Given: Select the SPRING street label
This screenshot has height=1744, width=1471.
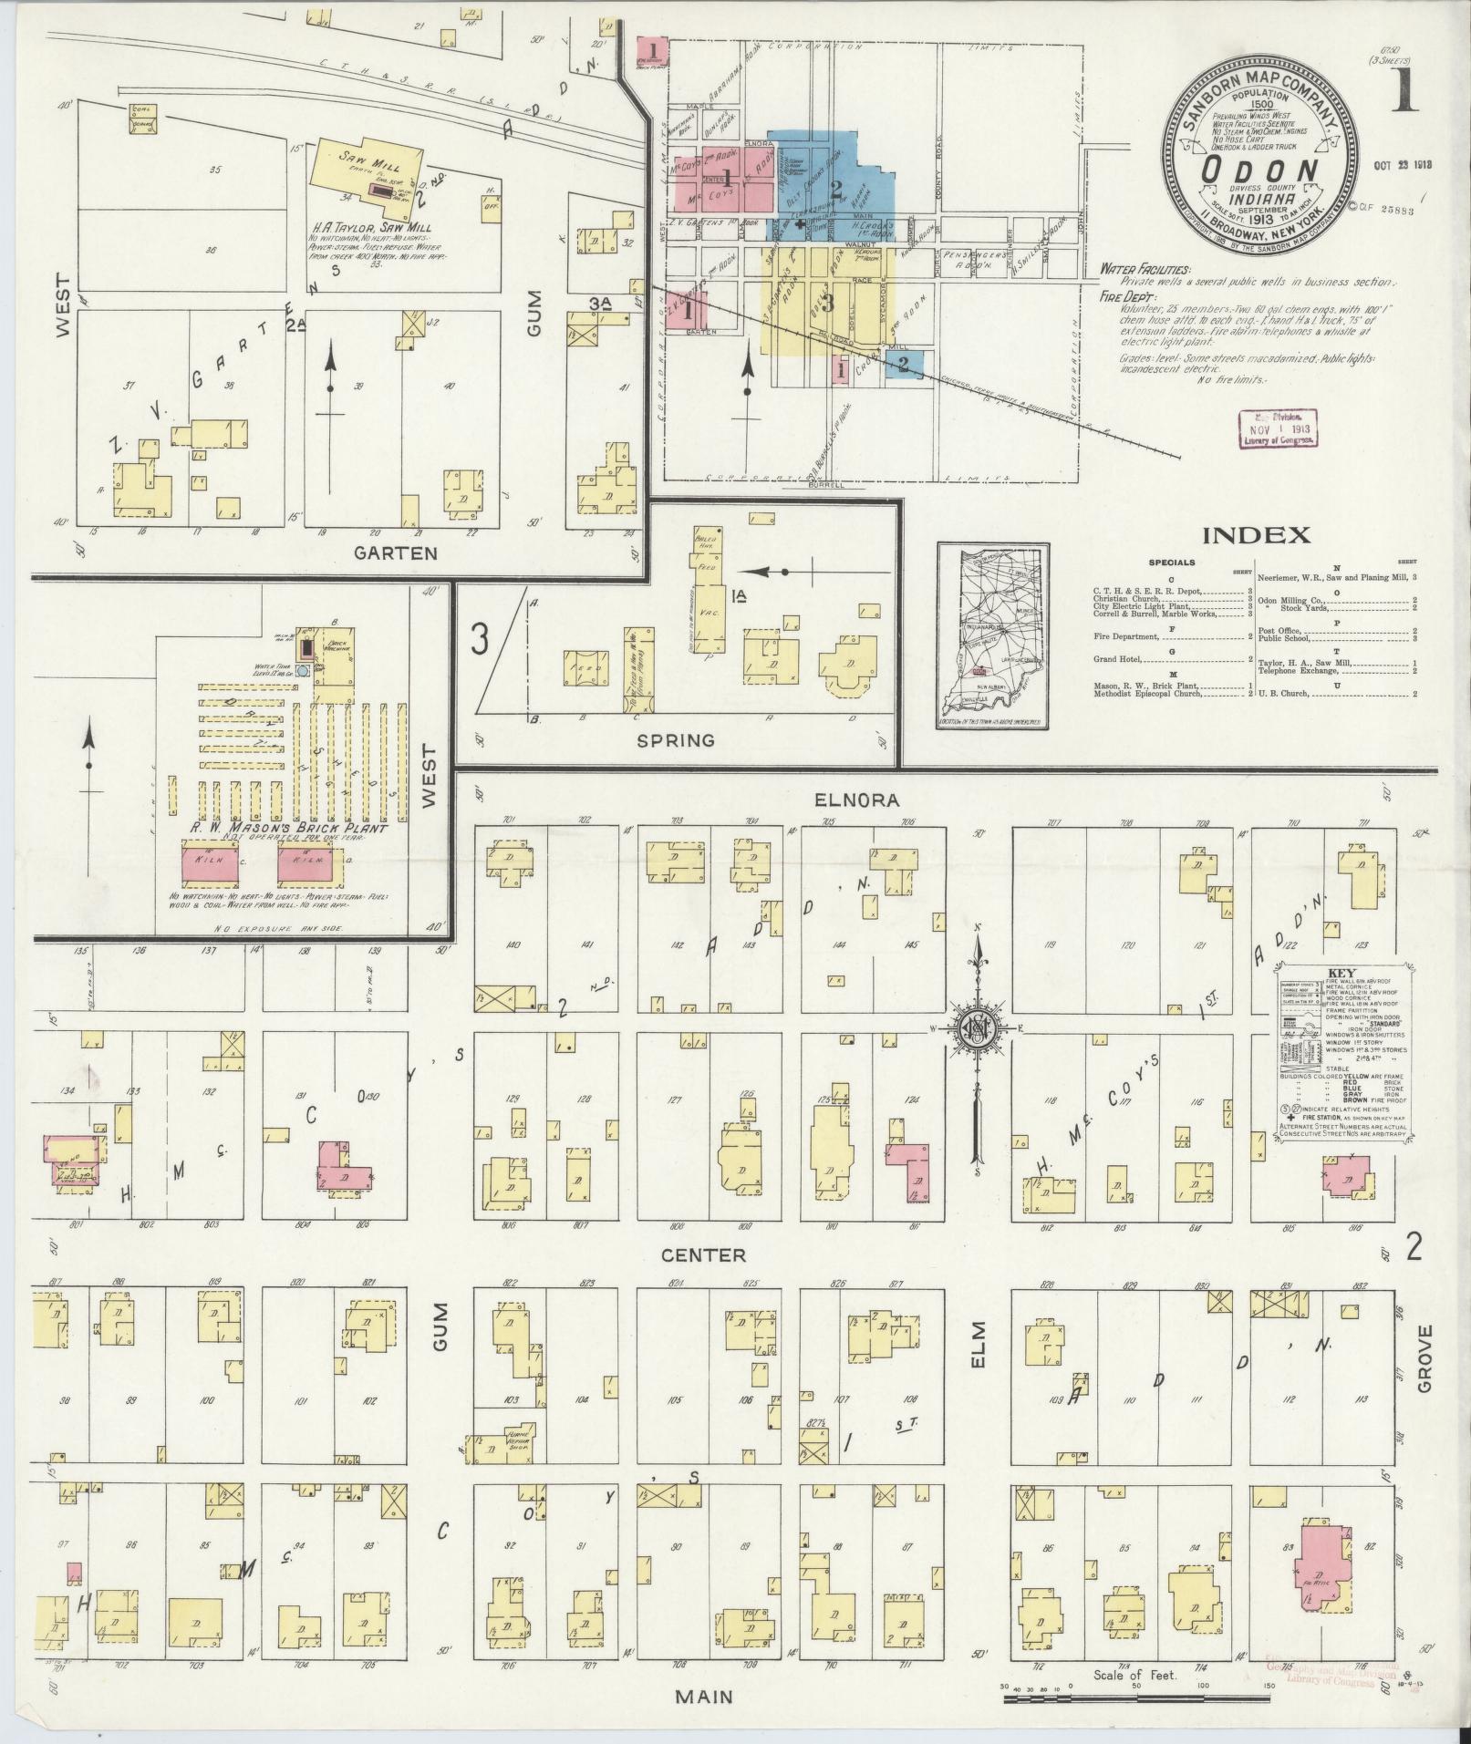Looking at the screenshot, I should [x=677, y=739].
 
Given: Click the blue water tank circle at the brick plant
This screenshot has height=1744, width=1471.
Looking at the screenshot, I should [x=304, y=667].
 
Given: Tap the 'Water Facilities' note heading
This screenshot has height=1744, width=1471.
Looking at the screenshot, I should [x=1145, y=270].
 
